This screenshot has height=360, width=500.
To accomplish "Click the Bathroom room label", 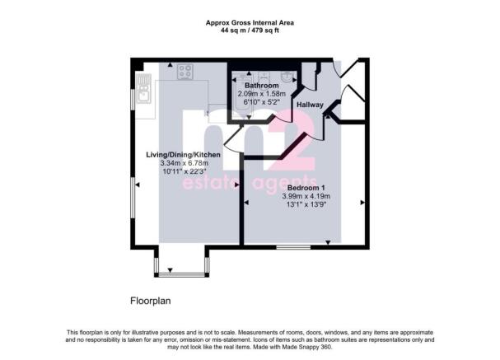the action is pyautogui.click(x=261, y=86).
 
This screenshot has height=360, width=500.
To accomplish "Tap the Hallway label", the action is pyautogui.click(x=310, y=105).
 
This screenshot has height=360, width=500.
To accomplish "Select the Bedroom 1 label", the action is pyautogui.click(x=306, y=188).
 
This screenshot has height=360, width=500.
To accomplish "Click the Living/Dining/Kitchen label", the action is pyautogui.click(x=183, y=155).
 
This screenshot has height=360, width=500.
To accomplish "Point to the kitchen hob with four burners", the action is pyautogui.click(x=185, y=72).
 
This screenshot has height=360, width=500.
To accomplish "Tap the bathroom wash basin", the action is pyautogui.click(x=288, y=77).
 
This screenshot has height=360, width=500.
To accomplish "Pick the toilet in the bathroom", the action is pyautogui.click(x=264, y=77).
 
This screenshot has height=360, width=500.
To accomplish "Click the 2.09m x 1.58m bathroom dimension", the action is pyautogui.click(x=261, y=94).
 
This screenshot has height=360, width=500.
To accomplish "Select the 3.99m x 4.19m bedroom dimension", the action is pyautogui.click(x=306, y=196).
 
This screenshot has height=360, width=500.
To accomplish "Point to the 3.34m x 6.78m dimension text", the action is pyautogui.click(x=184, y=163).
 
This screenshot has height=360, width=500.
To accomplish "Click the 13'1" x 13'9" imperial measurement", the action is pyautogui.click(x=306, y=204).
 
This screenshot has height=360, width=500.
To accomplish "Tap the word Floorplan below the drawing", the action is pyautogui.click(x=151, y=301).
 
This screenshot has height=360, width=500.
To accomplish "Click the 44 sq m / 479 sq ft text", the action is pyautogui.click(x=250, y=30).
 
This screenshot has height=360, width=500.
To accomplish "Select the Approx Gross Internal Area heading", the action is pyautogui.click(x=250, y=23).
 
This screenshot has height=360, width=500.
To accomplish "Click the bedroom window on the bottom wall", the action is pyautogui.click(x=293, y=247).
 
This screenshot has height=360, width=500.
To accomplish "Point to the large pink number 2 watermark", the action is pyautogui.click(x=292, y=140).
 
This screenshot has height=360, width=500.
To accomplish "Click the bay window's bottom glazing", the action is pyautogui.click(x=182, y=274).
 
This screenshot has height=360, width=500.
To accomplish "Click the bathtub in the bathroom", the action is pyautogui.click(x=242, y=96).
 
